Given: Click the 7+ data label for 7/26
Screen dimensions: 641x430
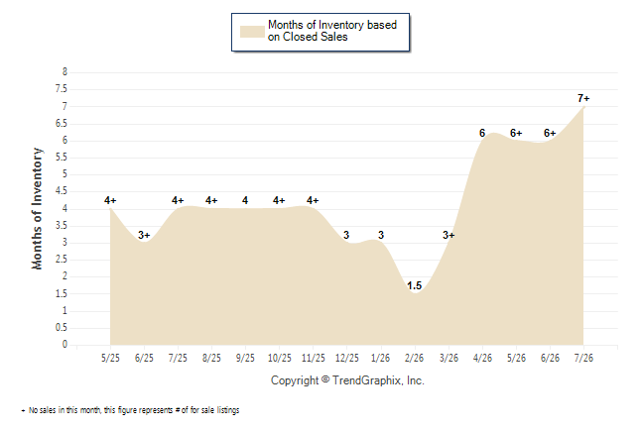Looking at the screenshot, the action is (x=583, y=98).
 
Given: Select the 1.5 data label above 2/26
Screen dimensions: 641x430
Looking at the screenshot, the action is (x=414, y=285).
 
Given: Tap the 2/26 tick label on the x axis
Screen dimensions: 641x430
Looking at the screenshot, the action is (x=414, y=358).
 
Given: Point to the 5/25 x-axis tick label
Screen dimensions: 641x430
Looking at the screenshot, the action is (x=110, y=358).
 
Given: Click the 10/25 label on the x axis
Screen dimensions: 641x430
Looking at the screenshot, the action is (x=279, y=358).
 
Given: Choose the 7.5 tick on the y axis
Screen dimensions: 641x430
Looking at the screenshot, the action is (x=62, y=89).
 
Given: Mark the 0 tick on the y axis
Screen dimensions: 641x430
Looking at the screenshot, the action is (x=64, y=344).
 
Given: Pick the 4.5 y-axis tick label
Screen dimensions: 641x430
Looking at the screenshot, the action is (x=62, y=191).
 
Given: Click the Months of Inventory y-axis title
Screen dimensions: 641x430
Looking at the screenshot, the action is (x=37, y=209).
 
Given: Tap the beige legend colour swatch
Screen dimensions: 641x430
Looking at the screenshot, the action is (x=252, y=32).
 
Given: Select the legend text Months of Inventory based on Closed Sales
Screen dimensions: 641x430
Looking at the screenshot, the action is (x=332, y=31).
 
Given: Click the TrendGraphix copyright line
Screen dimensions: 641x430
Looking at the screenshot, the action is (x=347, y=380).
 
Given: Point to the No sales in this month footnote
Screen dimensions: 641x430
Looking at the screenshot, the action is (x=130, y=410).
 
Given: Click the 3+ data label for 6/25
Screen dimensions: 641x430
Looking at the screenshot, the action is (x=144, y=235).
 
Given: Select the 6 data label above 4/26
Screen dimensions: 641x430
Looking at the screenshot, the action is (x=482, y=133).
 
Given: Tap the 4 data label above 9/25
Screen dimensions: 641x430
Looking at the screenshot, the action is (x=245, y=200).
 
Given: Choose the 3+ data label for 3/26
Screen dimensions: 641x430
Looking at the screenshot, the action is (x=449, y=235).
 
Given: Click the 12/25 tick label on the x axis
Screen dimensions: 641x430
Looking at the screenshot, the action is (x=346, y=358).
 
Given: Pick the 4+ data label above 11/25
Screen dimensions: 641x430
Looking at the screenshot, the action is (x=313, y=200).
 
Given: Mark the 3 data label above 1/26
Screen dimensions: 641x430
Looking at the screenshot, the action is (x=381, y=235).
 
